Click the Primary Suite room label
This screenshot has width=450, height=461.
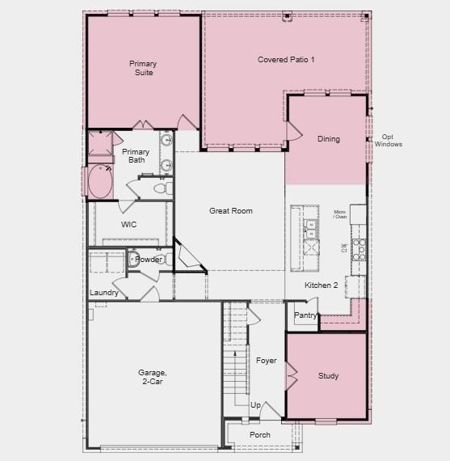(x=143, y=68)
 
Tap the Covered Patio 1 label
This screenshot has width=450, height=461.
(x=286, y=60)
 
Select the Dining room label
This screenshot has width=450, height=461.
(x=328, y=139)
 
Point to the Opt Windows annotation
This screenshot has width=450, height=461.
(x=388, y=140)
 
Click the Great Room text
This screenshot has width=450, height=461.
(x=231, y=211)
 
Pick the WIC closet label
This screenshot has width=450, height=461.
(x=128, y=224)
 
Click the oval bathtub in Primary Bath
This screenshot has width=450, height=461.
(x=101, y=182)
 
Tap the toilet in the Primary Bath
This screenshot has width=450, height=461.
(x=160, y=188)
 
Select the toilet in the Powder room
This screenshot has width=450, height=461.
(x=134, y=260)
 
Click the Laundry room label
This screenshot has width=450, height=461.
(x=104, y=293)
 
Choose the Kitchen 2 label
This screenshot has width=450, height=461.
(x=321, y=285)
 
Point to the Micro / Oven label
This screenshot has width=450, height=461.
(x=340, y=214)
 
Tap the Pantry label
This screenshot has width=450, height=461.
(x=305, y=315)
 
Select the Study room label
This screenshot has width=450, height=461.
(x=328, y=376)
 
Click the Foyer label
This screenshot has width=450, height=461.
(x=267, y=360)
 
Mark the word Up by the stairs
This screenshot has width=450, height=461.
(x=255, y=405)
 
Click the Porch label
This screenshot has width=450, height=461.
(x=260, y=435)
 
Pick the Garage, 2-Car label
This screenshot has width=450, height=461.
(x=150, y=377)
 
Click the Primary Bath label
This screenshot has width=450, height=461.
(x=135, y=155)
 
